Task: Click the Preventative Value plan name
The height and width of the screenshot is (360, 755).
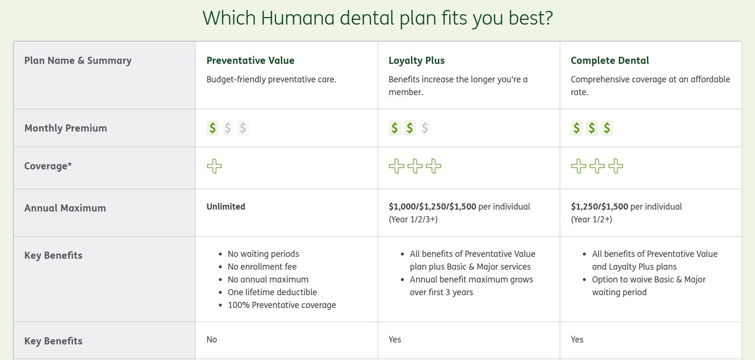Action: [251, 61]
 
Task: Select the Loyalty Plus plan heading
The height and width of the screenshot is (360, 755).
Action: [417, 61]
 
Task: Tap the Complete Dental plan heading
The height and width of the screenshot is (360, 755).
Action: [610, 61]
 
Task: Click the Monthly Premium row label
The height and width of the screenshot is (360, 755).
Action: [66, 128]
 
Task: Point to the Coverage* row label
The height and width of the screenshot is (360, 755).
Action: [48, 166]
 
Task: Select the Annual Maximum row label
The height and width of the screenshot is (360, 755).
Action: [65, 208]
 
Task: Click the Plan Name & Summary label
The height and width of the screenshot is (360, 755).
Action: [78, 61]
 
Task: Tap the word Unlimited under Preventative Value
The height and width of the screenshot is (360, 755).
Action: [226, 206]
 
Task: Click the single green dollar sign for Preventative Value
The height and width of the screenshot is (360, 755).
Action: [213, 128]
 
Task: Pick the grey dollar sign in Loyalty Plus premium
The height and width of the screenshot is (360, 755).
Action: [425, 128]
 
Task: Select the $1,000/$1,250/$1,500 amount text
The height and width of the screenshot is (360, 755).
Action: [433, 206]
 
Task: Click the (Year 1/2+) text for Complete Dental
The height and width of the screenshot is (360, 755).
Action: [591, 220]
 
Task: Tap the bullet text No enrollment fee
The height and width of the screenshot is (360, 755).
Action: [262, 266]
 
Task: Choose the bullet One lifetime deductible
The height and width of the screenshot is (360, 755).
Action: [272, 292]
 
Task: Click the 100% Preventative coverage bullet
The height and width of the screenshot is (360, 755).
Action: [282, 305]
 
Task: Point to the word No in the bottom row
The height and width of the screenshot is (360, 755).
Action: [212, 339]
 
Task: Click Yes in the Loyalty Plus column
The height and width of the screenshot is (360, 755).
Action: [395, 339]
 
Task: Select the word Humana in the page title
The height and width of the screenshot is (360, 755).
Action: [298, 18]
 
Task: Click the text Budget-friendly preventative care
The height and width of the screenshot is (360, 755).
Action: [271, 79]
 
